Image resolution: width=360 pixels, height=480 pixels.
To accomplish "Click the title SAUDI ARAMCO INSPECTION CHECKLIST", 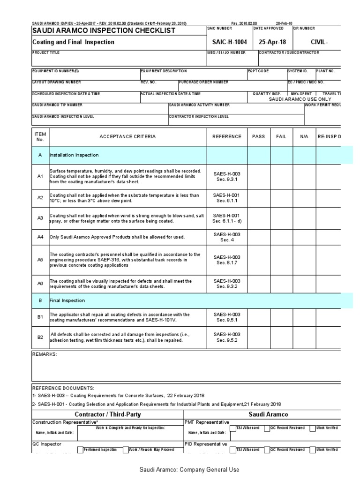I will click(104, 30).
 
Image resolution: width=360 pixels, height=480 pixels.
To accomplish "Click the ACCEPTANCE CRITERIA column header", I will click(127, 137).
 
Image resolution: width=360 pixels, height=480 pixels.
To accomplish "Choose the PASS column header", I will click(258, 137).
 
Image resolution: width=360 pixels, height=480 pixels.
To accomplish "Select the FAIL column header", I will click(281, 137).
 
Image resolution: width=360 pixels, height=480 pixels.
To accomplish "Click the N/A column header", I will click(304, 137).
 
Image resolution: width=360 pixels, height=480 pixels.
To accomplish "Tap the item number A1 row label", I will click(40, 176).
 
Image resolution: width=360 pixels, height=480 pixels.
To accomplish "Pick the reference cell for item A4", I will click(227, 237).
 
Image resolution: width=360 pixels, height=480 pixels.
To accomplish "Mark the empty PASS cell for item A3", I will click(258, 217).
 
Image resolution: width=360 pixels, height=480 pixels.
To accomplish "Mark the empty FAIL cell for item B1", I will click(281, 317).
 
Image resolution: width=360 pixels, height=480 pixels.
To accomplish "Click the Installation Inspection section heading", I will click(74, 155).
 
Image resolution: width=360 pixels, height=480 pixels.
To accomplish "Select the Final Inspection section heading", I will click(67, 300).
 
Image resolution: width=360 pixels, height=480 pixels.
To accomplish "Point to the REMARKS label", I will click(44, 354).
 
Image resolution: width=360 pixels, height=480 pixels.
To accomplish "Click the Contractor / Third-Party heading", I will click(107, 414).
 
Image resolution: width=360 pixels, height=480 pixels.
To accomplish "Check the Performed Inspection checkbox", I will click(80, 450).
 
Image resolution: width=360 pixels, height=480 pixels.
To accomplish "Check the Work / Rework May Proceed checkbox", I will click(126, 450).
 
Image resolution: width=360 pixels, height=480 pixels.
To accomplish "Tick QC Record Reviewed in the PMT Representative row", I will click(267, 428).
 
